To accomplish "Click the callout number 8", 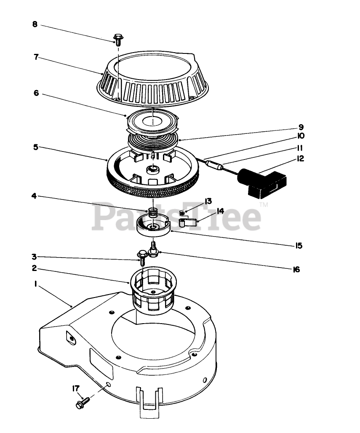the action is click(35, 24).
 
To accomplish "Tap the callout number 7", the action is click(36, 57).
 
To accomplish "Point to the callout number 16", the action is click(296, 269).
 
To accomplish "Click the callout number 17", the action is click(76, 388).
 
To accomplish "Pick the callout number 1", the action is click(36, 284).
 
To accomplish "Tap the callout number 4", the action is click(34, 196).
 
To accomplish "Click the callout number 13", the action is click(208, 201).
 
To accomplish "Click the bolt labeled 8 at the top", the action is click(118, 40).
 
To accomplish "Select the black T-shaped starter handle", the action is click(262, 183).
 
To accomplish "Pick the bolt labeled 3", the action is click(142, 257).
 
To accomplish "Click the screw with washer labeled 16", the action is click(153, 249).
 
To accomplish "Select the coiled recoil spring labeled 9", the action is click(152, 141).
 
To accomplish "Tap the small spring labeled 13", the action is click(182, 213).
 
